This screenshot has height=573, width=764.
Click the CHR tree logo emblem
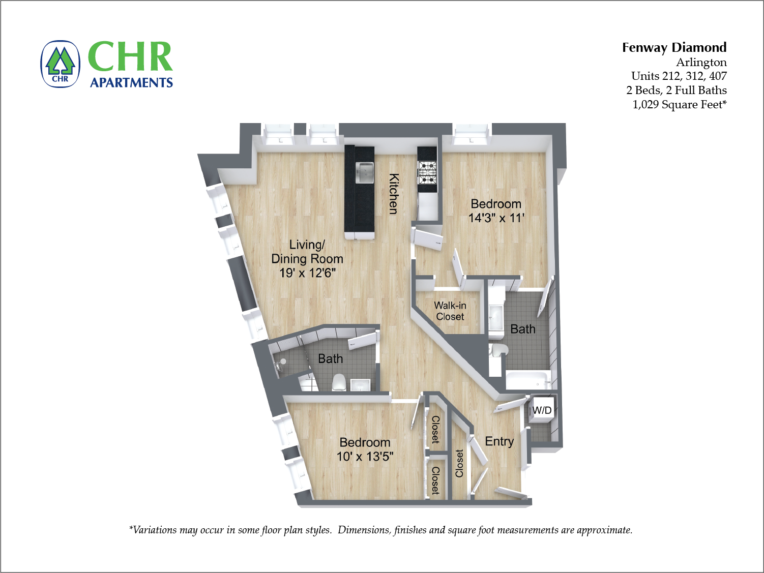point(61,64)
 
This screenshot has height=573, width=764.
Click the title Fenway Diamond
point(674,47)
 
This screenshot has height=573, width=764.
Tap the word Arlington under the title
point(701,62)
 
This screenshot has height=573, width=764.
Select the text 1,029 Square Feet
point(679,104)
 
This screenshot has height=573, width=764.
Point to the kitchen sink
point(364,172)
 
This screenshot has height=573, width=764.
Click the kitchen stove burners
point(427,172)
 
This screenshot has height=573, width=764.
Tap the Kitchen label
point(394,194)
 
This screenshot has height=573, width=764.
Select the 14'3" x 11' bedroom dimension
point(496,218)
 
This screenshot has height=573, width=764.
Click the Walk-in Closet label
point(450,311)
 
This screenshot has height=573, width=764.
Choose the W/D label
point(542,410)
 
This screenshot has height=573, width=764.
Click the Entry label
point(499,441)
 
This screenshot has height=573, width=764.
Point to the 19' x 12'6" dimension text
point(307,273)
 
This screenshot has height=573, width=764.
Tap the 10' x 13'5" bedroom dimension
point(365,457)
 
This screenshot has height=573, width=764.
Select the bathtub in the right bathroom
point(528,380)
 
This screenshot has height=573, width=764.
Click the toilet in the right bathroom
point(499,350)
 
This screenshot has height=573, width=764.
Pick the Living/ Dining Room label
point(307,252)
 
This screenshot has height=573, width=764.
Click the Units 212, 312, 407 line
point(679,76)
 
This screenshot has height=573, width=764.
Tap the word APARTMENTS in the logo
point(131,82)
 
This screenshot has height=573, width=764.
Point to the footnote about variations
point(380,530)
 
